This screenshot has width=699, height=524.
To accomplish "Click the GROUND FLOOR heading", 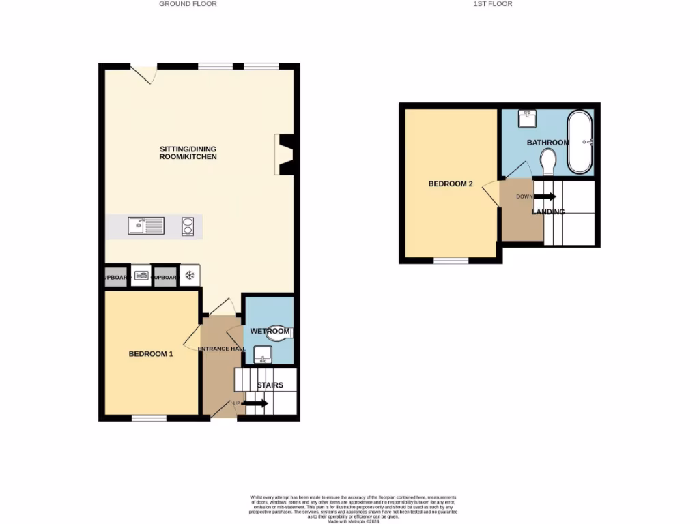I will pos(188,4).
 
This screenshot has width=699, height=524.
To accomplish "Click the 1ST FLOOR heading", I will pos(492,4).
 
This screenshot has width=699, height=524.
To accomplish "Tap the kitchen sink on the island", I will pos(145,224).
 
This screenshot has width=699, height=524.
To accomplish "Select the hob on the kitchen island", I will pos(188,226).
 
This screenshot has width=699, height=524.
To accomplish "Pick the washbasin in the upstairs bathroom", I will pos(527,119).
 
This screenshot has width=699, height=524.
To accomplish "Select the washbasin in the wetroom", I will pos(262,354).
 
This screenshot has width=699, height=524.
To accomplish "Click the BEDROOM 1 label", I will pos(151,354).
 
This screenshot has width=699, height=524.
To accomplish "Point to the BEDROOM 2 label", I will pos(451,184).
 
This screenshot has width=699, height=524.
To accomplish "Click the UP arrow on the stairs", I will pos(254,404).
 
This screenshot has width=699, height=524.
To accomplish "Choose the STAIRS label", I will pos(270,385).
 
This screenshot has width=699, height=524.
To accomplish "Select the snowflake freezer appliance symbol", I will pos(190,276).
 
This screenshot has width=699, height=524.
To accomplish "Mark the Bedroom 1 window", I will pos(149,418).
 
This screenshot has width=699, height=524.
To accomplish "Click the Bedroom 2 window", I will pos(451,261).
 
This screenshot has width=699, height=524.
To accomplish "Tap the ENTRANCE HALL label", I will pos(222,349).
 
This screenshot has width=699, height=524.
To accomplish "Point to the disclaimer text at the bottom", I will pos(353,509).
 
